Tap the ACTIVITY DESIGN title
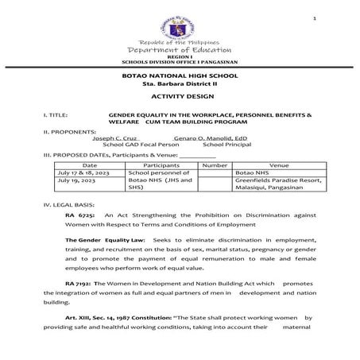click(x=180, y=95)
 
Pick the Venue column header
click(x=269, y=164)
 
